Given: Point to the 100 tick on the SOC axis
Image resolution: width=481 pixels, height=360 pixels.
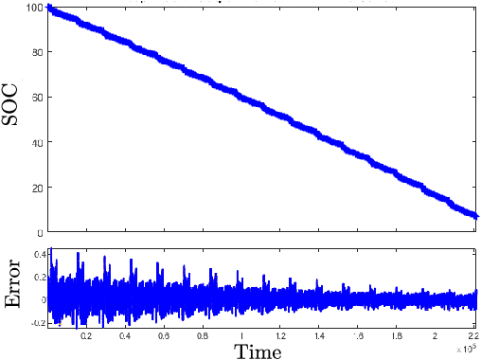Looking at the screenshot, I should coord(35,8).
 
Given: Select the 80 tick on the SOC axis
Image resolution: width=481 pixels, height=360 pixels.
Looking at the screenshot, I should coord(38,52).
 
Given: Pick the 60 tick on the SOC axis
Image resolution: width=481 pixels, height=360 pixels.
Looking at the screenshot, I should coord(38,97).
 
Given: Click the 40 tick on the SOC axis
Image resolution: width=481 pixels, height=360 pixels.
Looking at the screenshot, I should coord(38,142).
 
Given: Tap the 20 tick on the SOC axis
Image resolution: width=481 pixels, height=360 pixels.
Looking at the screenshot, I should coord(38,187).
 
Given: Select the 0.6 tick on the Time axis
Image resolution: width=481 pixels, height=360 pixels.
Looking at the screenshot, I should coord(164,336).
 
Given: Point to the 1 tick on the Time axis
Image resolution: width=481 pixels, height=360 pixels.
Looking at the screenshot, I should coord(241,336).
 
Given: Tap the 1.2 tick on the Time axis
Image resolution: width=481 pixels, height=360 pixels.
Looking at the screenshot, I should coord(280,336).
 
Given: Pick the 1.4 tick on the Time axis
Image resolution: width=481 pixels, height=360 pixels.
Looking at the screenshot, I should coord(319,336).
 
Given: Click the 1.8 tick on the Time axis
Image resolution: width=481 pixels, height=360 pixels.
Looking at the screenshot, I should coord(397,336).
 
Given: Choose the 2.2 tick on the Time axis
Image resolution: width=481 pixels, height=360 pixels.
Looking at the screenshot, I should coord(472,336).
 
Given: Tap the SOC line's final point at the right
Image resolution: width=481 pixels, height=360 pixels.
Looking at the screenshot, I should coord(476,217).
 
